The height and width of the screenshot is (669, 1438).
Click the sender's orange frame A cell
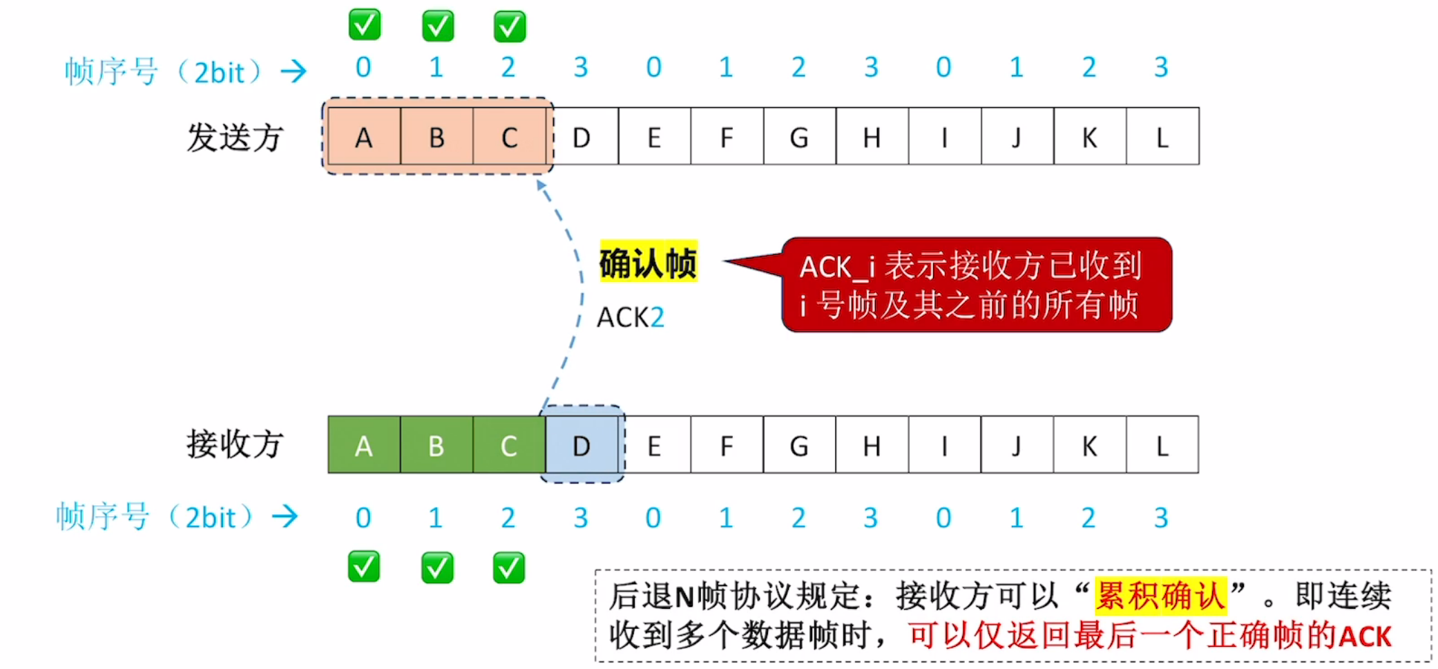coord(364,137)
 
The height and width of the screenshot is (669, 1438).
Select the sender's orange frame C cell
coord(509,137)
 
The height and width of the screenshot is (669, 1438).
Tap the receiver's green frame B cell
coord(436,445)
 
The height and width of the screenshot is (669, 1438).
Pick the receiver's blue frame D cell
coord(582,445)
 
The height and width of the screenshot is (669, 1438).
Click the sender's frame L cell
coord(1162,137)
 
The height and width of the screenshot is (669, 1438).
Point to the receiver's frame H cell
coord(872,445)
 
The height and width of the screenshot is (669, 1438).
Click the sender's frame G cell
coord(799,137)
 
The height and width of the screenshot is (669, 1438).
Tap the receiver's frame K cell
coord(1089,445)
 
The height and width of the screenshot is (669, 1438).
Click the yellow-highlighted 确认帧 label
coord(648,263)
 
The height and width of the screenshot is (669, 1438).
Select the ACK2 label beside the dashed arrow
coord(630,317)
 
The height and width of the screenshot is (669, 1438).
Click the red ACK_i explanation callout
coord(975,285)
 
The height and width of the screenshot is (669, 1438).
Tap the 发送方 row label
coord(235,137)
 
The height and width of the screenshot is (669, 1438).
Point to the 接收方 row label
coord(235,444)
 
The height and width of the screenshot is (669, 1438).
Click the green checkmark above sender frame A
coord(364,25)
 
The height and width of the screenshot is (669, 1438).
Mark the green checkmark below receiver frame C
coord(509,567)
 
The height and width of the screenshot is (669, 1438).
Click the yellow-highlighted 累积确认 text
coord(1160,596)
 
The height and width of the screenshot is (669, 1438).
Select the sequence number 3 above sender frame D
coord(581,67)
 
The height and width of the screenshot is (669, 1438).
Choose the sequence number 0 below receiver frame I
coord(943,518)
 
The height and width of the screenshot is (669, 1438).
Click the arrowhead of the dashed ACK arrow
coord(541,185)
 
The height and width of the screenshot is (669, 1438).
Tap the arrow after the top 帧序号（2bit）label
coord(294,70)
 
